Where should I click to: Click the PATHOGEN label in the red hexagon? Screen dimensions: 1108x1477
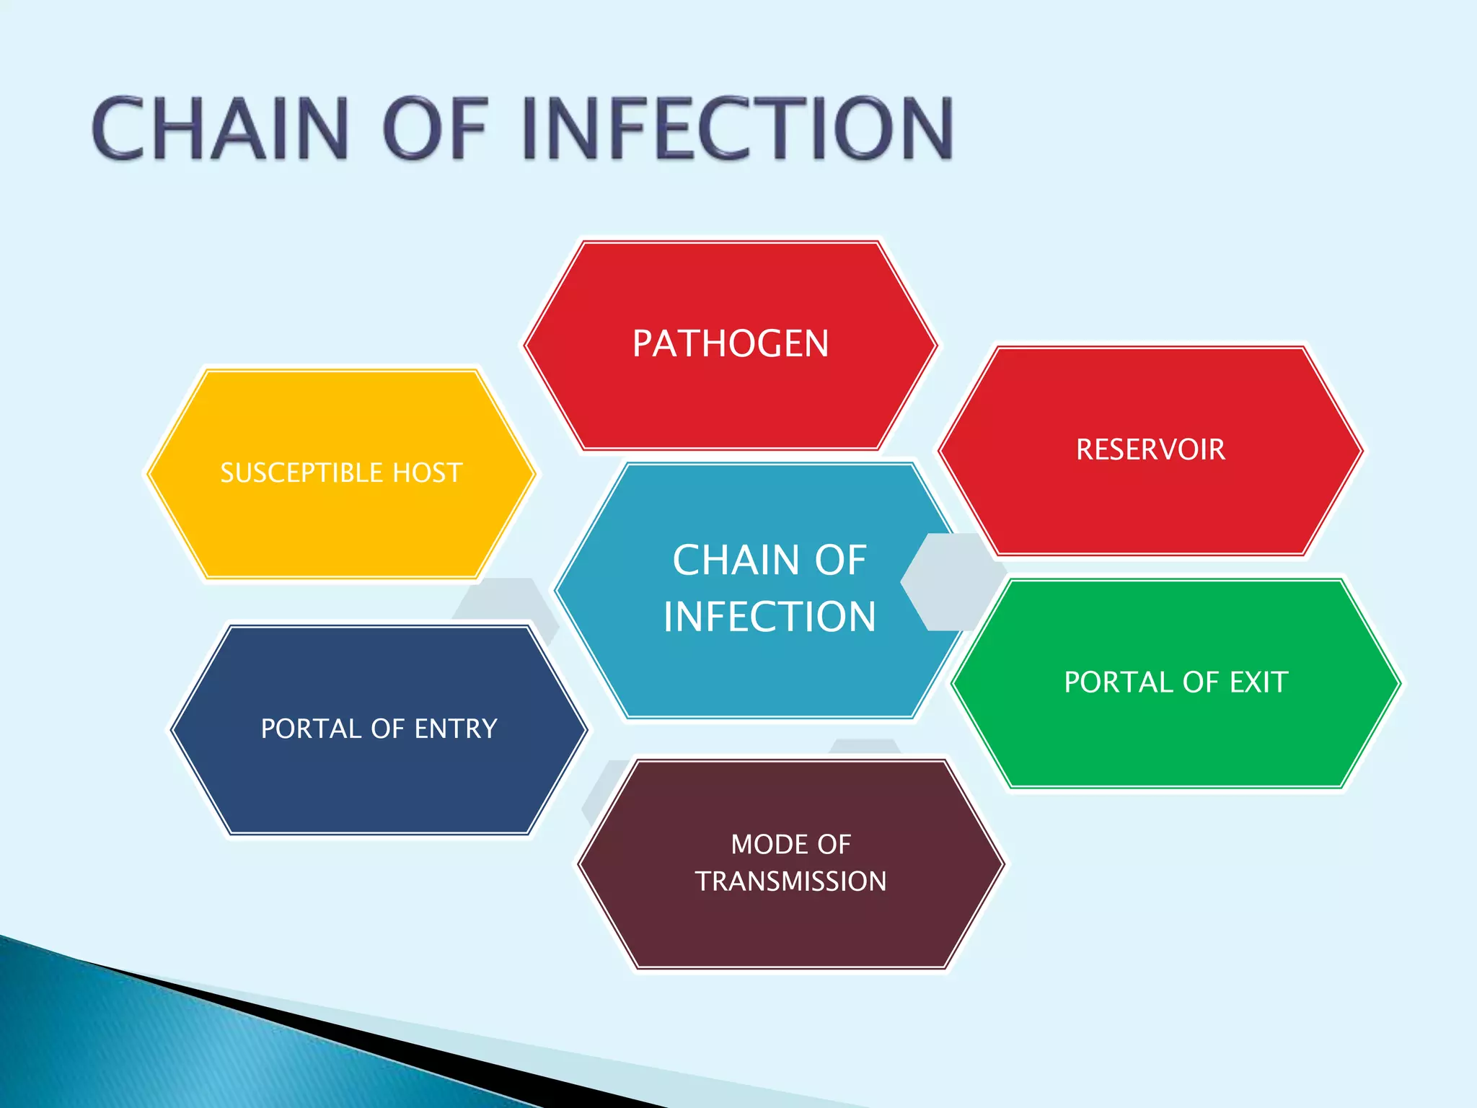pyautogui.click(x=730, y=343)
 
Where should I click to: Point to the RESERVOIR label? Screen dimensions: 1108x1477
pyautogui.click(x=1150, y=449)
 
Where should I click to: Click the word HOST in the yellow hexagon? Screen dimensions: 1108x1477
pyautogui.click(x=427, y=473)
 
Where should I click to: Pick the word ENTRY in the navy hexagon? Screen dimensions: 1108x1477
pyautogui.click(x=456, y=729)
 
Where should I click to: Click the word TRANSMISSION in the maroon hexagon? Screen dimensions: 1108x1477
pyautogui.click(x=790, y=881)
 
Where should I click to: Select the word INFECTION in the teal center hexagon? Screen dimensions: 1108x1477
pyautogui.click(x=769, y=617)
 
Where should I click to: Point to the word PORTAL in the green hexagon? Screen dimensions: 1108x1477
pyautogui.click(x=1119, y=682)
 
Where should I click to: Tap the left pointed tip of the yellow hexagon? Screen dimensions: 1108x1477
pyautogui.click(x=149, y=474)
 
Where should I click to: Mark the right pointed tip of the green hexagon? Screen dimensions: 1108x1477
pyautogui.click(x=1398, y=683)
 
